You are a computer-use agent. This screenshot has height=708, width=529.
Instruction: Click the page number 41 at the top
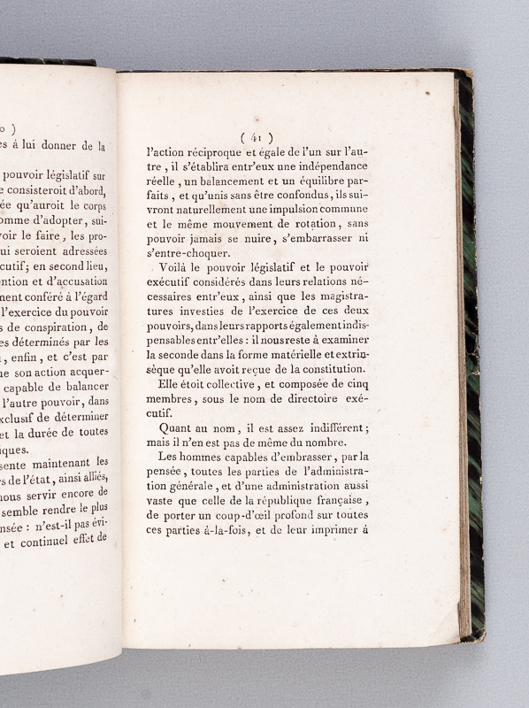[257, 136]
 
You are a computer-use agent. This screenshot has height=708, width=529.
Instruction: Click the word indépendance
[388, 166]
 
